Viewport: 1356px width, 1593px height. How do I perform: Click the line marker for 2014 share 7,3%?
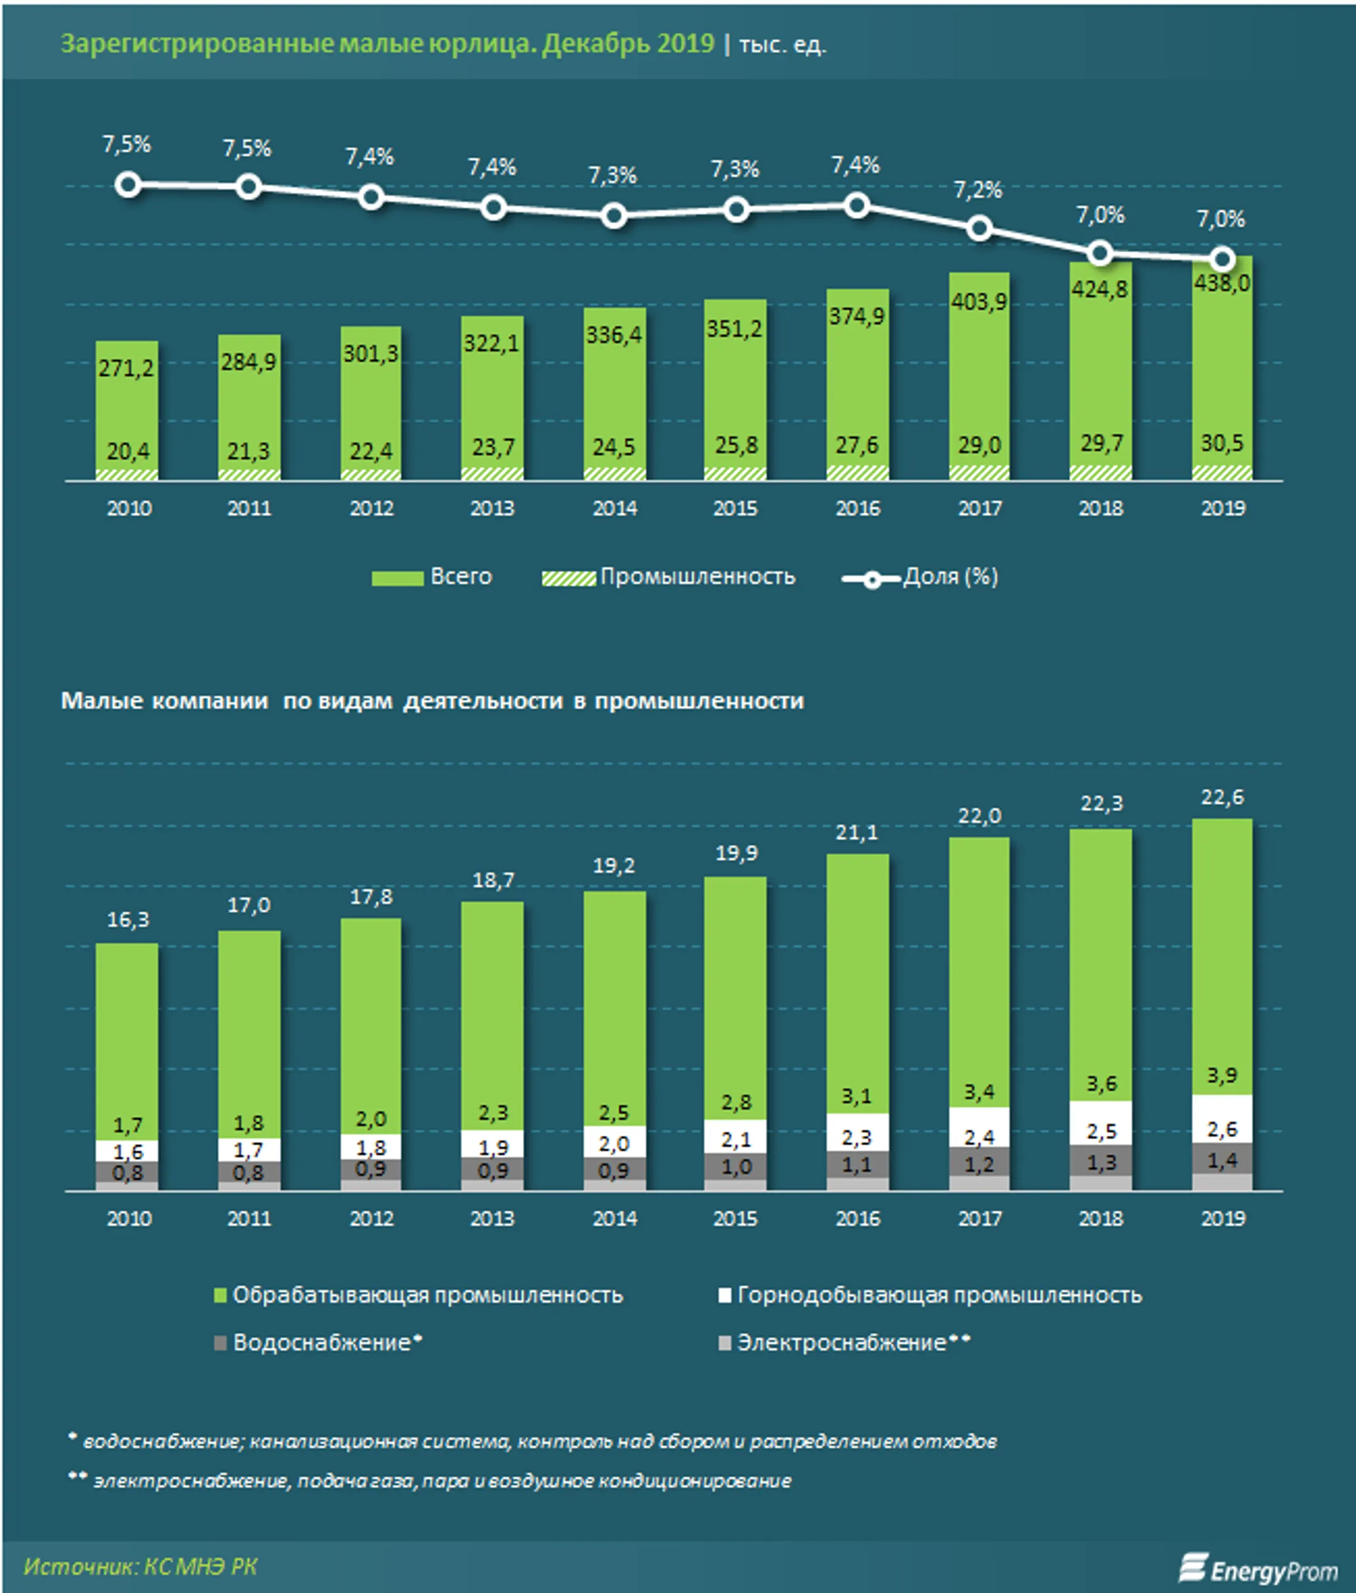click(613, 216)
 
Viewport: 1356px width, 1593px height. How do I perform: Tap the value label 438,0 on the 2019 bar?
click(1222, 284)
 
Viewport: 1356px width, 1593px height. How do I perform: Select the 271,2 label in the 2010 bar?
click(126, 368)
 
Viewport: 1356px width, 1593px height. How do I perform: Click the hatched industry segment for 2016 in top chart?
click(857, 472)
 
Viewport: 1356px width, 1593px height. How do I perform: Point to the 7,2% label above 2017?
click(978, 190)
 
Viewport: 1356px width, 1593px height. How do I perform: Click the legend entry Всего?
click(432, 576)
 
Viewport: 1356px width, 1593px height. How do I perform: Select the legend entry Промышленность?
click(668, 576)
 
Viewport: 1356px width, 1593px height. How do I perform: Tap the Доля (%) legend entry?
click(921, 576)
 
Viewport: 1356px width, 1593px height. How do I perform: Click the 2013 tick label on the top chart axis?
click(492, 508)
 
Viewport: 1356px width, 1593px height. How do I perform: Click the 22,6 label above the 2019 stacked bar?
click(1222, 797)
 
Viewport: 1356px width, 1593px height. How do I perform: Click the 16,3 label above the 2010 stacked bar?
click(127, 919)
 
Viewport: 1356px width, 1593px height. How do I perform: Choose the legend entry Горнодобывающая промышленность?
click(930, 1295)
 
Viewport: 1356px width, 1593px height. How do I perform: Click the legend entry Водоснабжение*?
click(318, 1342)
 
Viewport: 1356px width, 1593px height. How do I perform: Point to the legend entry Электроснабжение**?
click(844, 1342)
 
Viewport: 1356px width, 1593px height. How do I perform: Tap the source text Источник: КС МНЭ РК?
click(141, 1566)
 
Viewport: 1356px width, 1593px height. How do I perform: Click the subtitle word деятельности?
click(483, 701)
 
